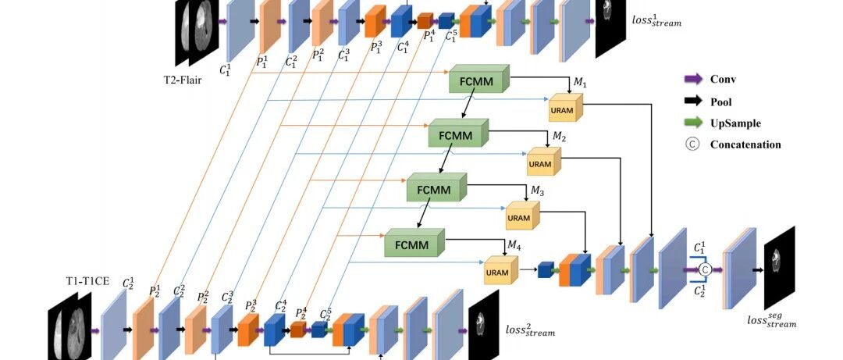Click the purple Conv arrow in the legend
pyautogui.click(x=693, y=79)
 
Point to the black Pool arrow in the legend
pyautogui.click(x=693, y=101)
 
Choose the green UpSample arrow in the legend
pyautogui.click(x=693, y=123)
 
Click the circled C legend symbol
pyautogui.click(x=693, y=144)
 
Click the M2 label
pyautogui.click(x=559, y=137)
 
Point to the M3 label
pyautogui.click(x=538, y=191)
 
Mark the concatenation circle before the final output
pyautogui.click(x=705, y=269)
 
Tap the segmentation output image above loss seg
pyautogui.click(x=780, y=267)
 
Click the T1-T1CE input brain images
pyautogui.click(x=70, y=326)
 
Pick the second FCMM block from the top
pyautogui.click(x=457, y=133)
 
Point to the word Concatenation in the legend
pyautogui.click(x=745, y=144)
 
